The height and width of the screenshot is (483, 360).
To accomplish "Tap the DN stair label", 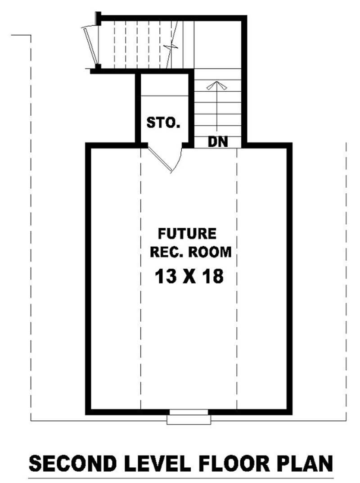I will click(218, 142).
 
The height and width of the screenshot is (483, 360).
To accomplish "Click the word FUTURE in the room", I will click(187, 234).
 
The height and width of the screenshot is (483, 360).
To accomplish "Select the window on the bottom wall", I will click(189, 417).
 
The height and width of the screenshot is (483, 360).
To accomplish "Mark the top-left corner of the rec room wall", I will click(89, 146).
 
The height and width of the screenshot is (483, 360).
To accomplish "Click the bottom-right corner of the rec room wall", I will click(289, 411).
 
